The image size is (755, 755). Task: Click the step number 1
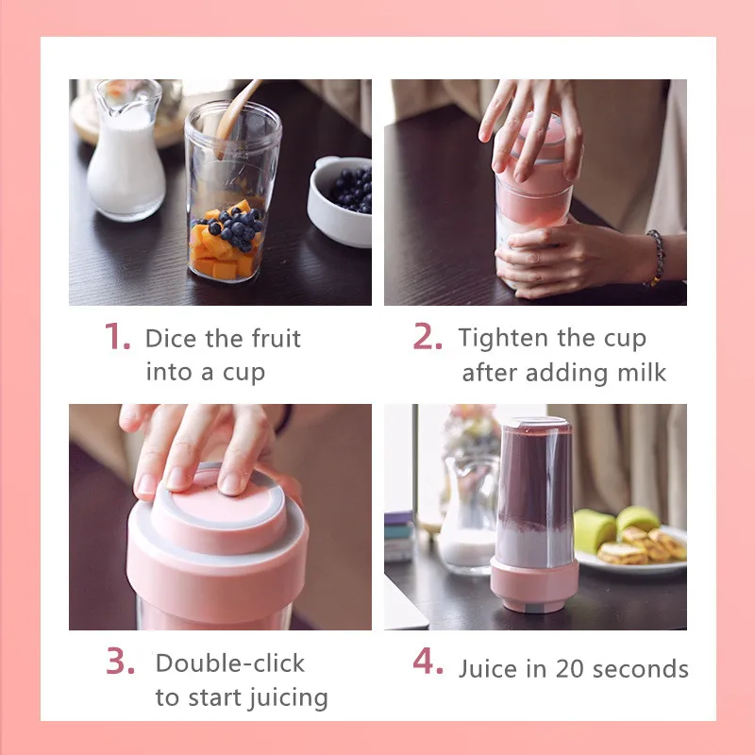117,336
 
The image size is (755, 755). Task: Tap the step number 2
428,336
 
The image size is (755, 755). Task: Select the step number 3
120,661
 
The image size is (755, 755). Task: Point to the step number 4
428,661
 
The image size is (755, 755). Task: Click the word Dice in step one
171,338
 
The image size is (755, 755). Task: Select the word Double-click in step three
230,663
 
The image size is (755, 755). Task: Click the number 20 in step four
569,669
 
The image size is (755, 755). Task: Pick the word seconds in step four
641,669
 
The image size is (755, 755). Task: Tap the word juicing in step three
289,698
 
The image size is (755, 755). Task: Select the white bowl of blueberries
340,201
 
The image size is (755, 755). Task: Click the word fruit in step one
277,338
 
